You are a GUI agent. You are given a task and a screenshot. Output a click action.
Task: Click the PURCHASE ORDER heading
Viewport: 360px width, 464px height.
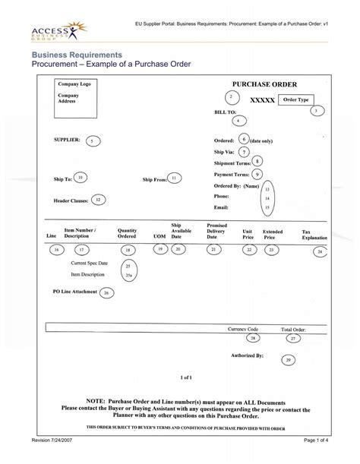264,84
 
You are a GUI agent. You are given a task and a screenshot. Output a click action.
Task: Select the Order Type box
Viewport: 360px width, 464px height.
295,100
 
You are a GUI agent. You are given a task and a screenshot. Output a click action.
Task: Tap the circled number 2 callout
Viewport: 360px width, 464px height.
229,97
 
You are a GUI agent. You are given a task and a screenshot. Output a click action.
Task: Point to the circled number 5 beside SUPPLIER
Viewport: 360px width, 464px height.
91,141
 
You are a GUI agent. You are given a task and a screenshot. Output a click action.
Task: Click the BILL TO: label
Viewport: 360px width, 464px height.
226,112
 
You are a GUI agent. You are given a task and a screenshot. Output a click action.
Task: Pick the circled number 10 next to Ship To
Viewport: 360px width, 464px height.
81,177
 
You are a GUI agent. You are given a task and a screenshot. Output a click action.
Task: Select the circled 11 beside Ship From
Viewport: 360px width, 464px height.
175,178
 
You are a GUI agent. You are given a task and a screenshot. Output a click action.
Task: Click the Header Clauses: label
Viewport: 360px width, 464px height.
71,200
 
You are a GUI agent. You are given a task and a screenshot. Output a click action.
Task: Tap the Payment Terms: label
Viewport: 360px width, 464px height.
232,174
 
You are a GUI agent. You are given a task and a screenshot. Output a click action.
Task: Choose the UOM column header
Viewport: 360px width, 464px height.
159,236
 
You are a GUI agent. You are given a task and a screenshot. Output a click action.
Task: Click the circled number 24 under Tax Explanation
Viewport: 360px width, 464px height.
321,251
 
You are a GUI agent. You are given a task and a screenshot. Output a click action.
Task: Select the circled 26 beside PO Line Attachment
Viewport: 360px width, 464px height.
106,292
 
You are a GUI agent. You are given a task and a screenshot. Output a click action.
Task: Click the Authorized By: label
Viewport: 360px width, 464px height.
247,355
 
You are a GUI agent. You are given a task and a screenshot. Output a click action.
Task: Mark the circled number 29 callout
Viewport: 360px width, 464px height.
289,361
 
